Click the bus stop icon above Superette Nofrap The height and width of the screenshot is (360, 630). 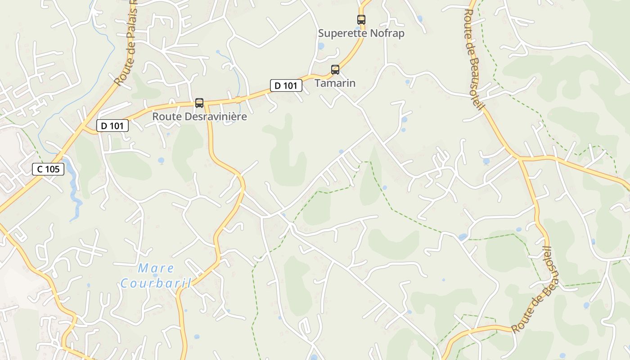coord(361,20)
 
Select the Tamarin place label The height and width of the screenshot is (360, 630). coord(335,83)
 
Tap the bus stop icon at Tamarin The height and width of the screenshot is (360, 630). coord(335,70)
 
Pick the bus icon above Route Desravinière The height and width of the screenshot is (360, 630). coord(199,103)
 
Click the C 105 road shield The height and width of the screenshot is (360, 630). coord(48,169)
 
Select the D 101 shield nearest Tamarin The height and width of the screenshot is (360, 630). coord(286,85)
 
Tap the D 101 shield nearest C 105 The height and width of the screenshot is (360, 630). coord(112,126)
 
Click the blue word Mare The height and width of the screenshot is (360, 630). coord(156,269)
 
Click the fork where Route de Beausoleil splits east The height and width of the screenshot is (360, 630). coord(519,158)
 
